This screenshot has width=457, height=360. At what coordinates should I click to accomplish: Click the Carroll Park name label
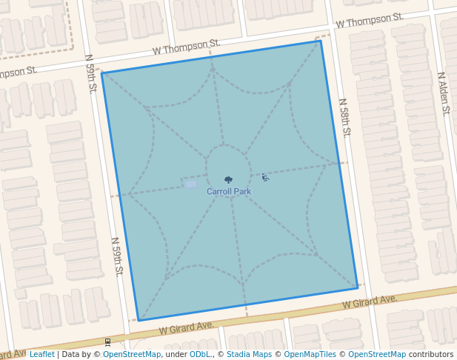pos(228,191)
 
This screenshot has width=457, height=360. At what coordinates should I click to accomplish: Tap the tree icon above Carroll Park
pos(228,179)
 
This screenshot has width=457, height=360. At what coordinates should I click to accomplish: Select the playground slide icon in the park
pos(265,177)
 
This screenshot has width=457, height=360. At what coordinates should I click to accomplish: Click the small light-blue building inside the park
pos(191,183)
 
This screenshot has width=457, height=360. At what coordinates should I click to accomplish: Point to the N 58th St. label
pos(344,118)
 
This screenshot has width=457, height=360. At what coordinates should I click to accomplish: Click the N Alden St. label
pos(442,93)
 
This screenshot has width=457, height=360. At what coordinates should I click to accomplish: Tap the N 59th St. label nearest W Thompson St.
pos(91,73)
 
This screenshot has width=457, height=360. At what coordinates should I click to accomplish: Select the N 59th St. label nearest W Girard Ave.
pos(117,256)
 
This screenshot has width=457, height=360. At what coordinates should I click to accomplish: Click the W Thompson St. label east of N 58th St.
pos(369,20)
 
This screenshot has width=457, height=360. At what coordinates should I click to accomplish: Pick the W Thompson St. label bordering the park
pos(187,50)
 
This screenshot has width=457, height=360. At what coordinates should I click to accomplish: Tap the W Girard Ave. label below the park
pos(187,327)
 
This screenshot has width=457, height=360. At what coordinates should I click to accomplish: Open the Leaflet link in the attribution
pos(41,355)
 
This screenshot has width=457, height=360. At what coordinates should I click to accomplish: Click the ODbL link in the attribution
pos(200,355)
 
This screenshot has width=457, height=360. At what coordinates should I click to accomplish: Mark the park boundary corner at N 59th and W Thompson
pos(102,73)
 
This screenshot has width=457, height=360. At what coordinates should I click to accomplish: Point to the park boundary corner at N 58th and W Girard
pos(357,287)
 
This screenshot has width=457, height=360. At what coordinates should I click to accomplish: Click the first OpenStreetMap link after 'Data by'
pos(132,355)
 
